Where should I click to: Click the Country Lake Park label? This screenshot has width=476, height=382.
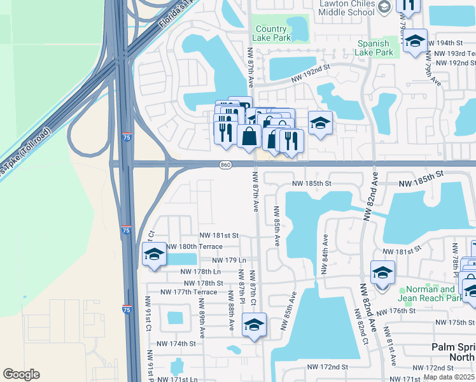point(271,33)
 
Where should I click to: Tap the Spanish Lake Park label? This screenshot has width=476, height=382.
point(375,48)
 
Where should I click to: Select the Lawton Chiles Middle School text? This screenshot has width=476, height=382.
point(346,8)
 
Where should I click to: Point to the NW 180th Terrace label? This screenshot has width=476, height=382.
point(194,246)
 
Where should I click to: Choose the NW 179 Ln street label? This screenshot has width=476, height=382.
point(225,260)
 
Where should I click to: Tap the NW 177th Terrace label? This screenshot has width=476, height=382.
point(188,292)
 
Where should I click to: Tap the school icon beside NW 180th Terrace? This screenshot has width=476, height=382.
point(153,255)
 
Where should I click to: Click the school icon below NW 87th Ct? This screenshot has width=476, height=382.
point(254,326)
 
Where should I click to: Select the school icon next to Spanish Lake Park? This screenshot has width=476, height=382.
point(415,41)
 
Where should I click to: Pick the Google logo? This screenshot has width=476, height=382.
point(21,374)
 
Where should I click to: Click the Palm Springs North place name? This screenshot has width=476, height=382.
point(453,352)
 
